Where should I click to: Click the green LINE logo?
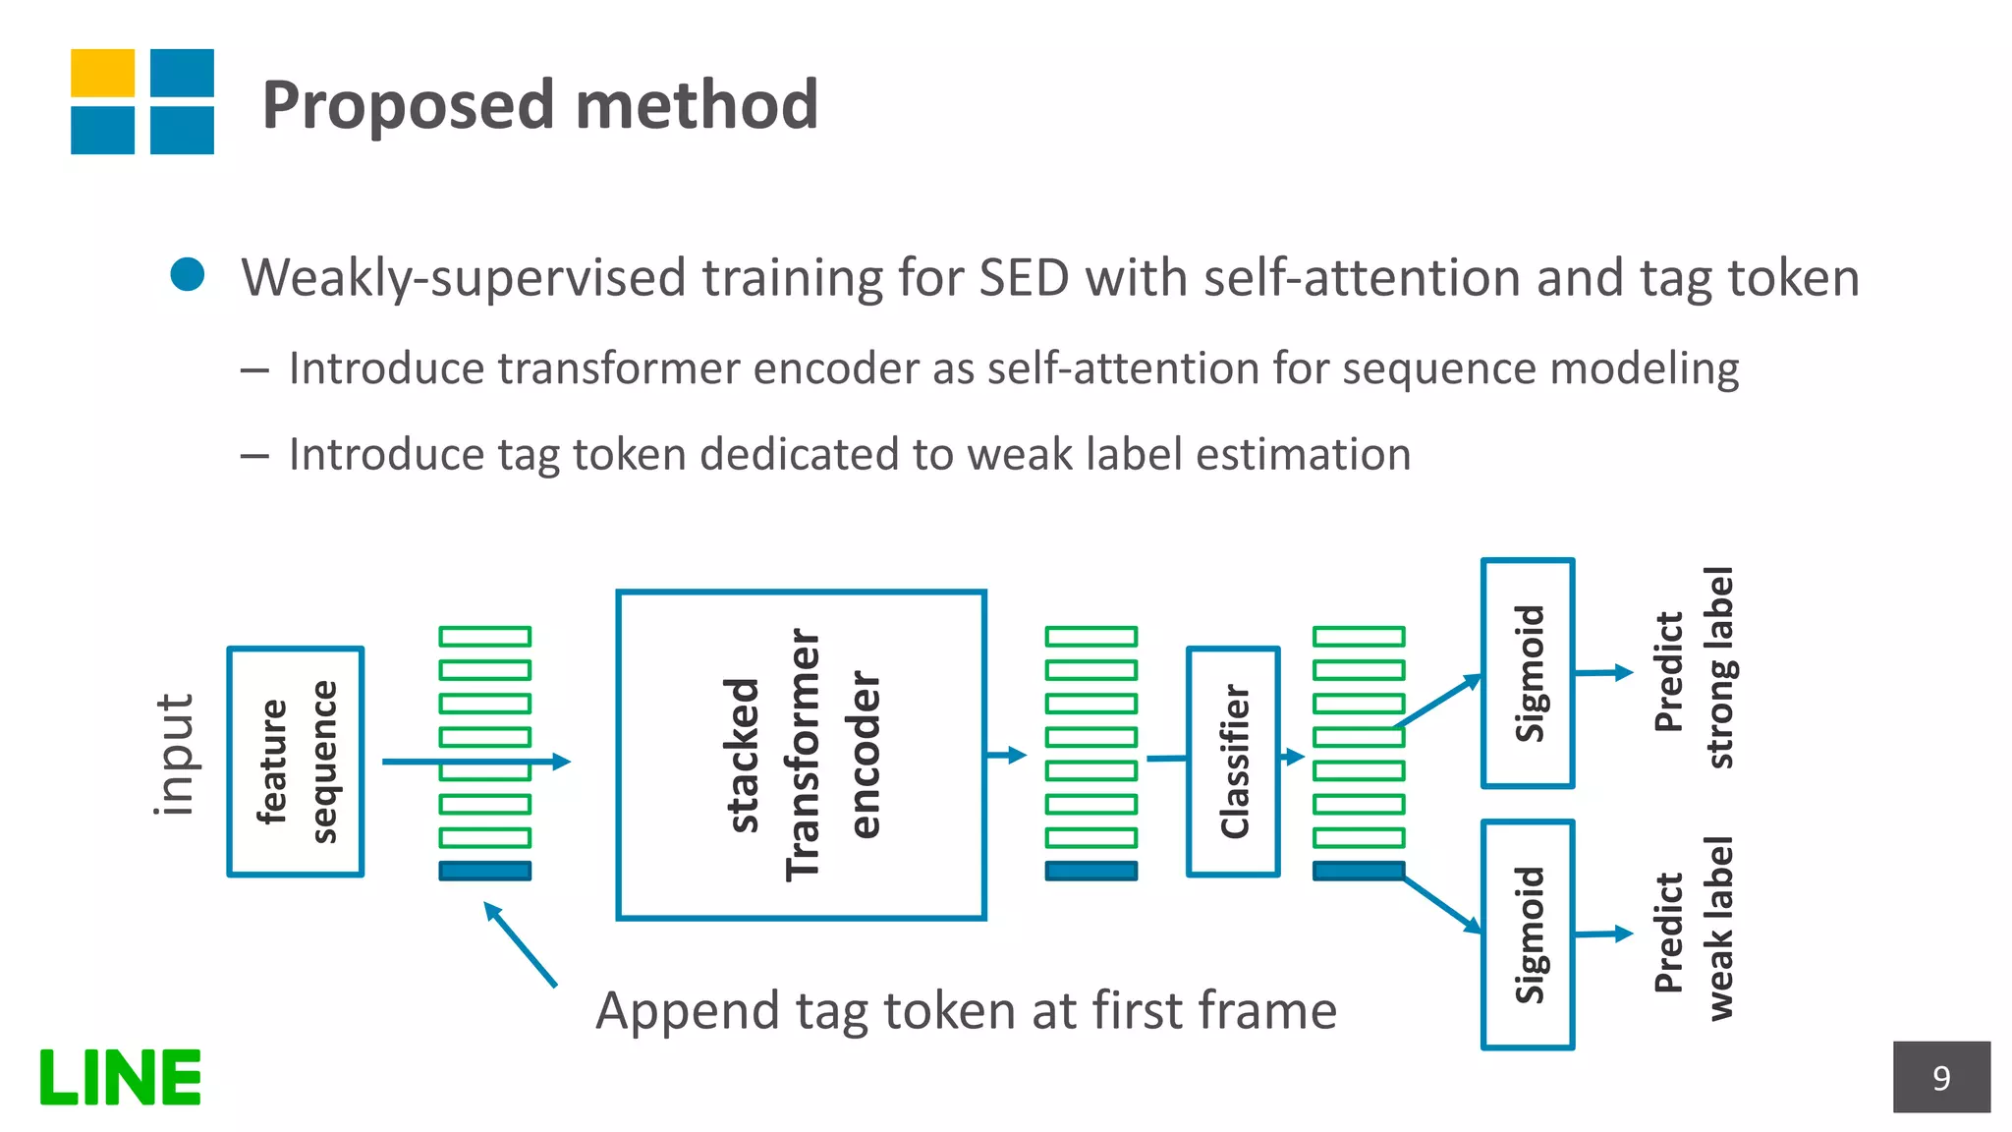[x=120, y=1077]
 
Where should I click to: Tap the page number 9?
[x=1940, y=1078]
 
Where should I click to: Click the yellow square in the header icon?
[x=102, y=74]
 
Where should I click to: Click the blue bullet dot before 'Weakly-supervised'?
[x=187, y=274]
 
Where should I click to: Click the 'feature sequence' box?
[x=296, y=761]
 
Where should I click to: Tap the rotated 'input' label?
[x=175, y=755]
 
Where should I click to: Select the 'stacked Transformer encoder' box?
[x=801, y=755]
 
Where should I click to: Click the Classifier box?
[x=1233, y=761]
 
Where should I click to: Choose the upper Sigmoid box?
[x=1528, y=673]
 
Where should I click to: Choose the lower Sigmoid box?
[x=1528, y=934]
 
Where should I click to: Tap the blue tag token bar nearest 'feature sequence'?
[x=485, y=871]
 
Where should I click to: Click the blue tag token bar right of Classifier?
[x=1359, y=871]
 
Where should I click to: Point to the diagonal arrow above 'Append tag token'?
[x=521, y=944]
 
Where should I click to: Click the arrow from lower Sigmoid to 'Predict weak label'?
[x=1603, y=934]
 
